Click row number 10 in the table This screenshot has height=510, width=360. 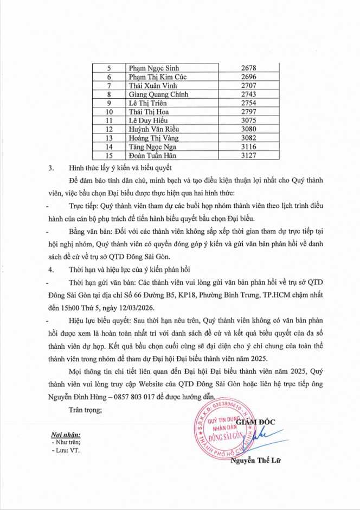click(110, 112)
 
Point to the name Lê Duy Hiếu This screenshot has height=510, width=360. click(146, 120)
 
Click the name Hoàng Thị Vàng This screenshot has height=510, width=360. click(151, 138)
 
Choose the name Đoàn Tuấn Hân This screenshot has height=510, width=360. click(151, 155)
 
